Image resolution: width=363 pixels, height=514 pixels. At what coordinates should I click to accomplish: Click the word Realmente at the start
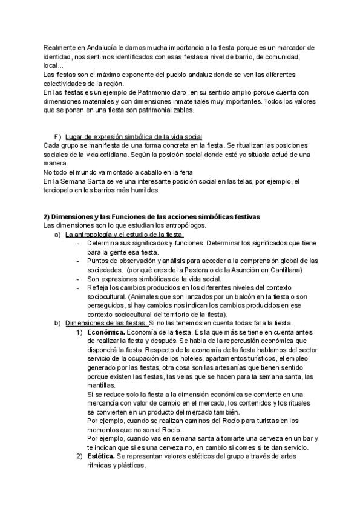tap(59, 48)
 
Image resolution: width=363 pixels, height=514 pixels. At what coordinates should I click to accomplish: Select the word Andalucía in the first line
tap(97, 48)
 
